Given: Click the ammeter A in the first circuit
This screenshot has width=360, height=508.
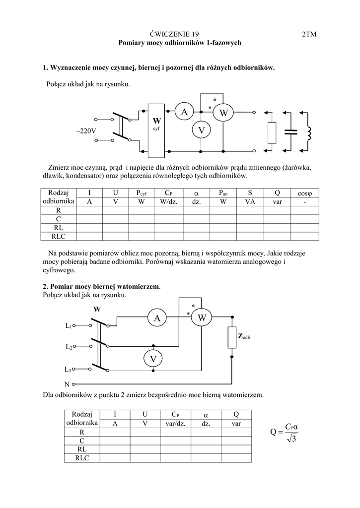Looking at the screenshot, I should point(184,113).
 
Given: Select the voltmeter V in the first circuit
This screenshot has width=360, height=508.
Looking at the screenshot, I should point(201,130).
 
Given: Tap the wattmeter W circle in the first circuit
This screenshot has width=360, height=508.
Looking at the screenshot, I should point(223,114).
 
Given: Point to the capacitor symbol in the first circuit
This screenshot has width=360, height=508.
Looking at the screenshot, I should point(290,131).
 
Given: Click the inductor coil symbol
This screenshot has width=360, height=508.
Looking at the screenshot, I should point(308,132).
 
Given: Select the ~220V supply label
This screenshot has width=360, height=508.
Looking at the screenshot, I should point(86,131).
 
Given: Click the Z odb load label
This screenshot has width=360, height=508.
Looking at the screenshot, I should point(244,336).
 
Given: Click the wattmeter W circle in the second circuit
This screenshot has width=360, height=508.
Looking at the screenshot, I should point(202,317).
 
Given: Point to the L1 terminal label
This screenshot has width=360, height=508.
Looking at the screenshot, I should point(69,326).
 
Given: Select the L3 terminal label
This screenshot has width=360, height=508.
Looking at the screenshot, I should point(69,370).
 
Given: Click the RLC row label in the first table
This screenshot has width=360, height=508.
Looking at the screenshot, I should point(58,236).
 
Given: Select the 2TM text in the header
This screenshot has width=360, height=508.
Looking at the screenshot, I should point(309,34).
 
